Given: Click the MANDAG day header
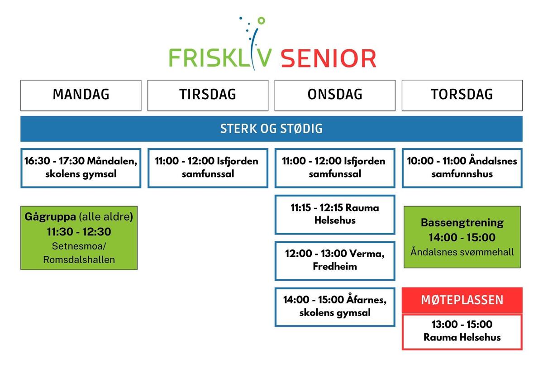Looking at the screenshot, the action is (x=81, y=96).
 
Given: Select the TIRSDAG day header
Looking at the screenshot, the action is (x=208, y=96).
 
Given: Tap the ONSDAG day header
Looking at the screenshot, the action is (x=335, y=96).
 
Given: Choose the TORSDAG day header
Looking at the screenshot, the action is (x=462, y=96).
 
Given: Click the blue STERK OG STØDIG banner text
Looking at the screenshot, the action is (x=271, y=129).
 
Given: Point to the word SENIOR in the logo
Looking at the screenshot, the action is (x=329, y=58).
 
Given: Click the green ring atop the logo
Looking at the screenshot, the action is (x=262, y=21).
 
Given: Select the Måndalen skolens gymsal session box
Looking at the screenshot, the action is (x=81, y=168).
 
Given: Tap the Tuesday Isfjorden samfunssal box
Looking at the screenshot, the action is (x=208, y=168).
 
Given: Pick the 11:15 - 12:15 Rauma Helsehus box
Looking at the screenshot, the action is (x=335, y=215).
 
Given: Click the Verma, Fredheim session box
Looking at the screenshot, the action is (x=335, y=260).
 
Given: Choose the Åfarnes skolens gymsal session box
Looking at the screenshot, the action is (x=335, y=307).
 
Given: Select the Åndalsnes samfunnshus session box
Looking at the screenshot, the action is (x=462, y=168).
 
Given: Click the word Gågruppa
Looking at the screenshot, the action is (x=50, y=216).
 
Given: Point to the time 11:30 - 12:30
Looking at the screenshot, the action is (x=79, y=232).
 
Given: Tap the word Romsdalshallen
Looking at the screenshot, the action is (x=79, y=259).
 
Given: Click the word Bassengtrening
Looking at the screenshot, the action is (x=462, y=223).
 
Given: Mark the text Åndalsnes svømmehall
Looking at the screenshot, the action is (x=462, y=252).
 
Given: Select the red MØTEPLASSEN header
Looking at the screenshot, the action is (x=462, y=300).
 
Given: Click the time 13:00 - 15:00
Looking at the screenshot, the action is (x=462, y=324).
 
